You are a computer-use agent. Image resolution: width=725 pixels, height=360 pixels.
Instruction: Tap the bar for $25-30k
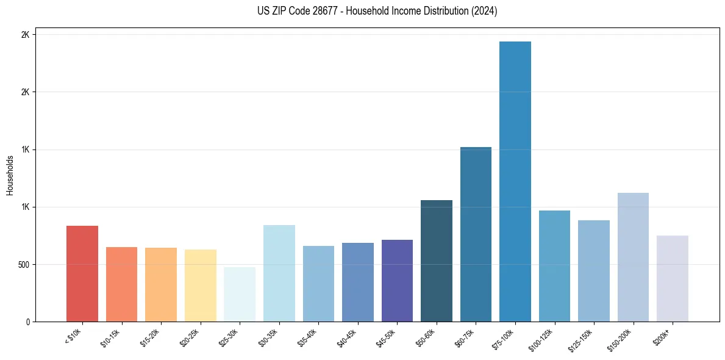click(x=240, y=294)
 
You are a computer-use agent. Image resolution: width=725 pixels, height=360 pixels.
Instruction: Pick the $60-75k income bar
click(x=476, y=234)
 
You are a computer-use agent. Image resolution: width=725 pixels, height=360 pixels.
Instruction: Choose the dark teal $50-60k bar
click(x=437, y=261)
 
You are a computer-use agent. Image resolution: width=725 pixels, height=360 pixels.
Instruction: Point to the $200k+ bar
click(x=673, y=278)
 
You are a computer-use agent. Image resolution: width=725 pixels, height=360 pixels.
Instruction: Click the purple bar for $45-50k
click(x=397, y=281)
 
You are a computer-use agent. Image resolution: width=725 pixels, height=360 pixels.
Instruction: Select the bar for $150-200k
click(x=633, y=257)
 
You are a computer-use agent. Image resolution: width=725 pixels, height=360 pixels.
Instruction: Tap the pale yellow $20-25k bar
click(x=201, y=286)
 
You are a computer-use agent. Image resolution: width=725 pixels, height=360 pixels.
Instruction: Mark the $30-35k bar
click(x=279, y=273)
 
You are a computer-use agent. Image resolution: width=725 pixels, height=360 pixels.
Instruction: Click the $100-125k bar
click(x=554, y=266)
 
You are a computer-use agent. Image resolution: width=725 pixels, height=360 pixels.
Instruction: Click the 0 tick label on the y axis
click(x=27, y=322)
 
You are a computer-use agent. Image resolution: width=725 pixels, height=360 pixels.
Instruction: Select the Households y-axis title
click(x=10, y=175)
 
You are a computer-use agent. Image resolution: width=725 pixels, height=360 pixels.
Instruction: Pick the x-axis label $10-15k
click(x=111, y=337)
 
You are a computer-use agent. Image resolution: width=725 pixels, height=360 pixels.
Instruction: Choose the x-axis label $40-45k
click(x=347, y=337)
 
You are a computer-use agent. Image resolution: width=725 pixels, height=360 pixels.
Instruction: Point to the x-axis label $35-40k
click(x=308, y=337)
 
